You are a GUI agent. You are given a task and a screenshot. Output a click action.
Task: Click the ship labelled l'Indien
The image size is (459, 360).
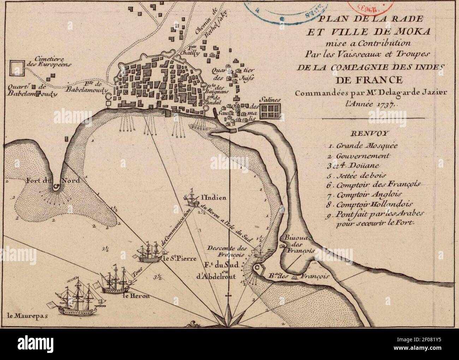click(191, 200)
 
